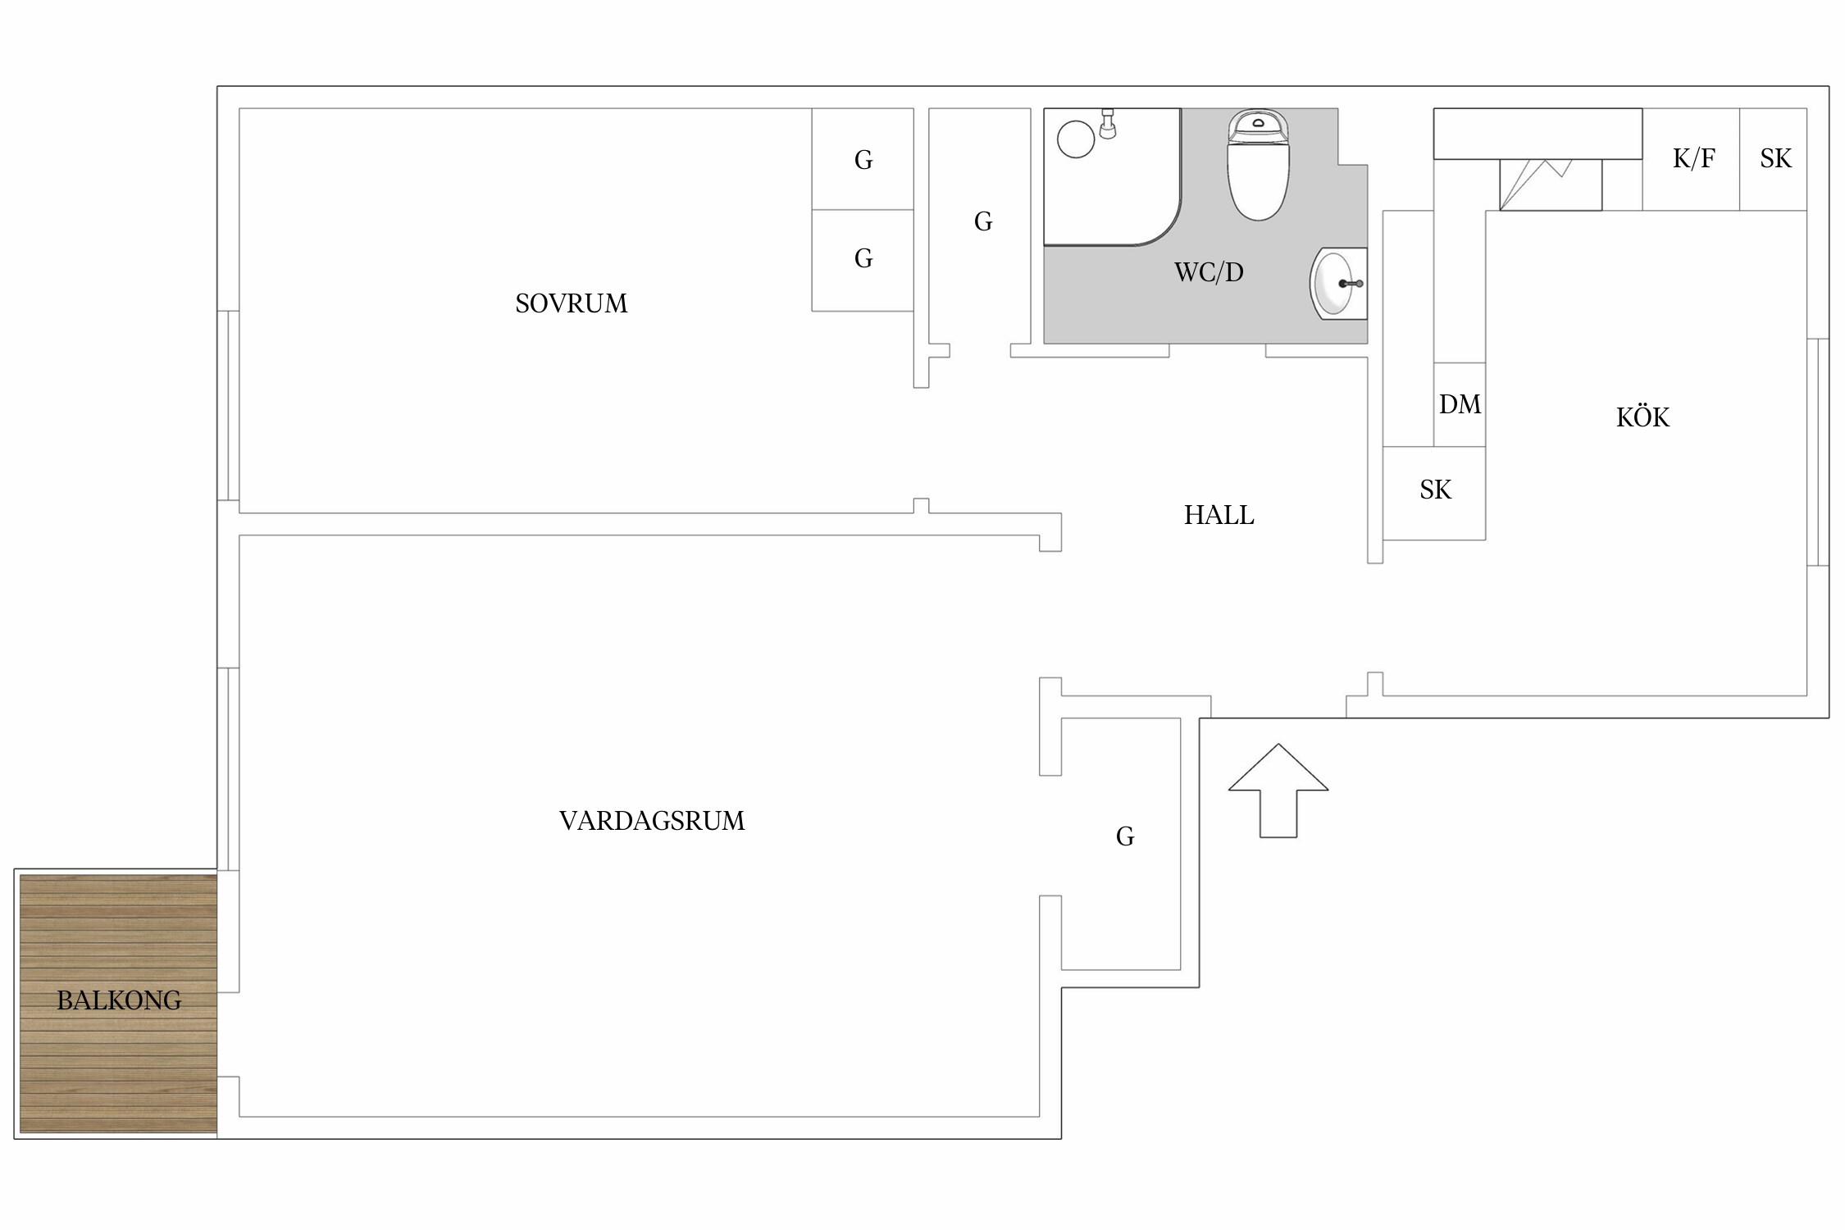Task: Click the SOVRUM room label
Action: [x=571, y=303]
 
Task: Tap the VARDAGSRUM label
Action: [x=652, y=821]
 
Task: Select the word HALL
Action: [x=1219, y=515]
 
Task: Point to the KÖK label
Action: [x=1642, y=417]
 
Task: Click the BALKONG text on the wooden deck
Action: [x=119, y=1000]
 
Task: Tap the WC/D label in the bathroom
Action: [x=1209, y=272]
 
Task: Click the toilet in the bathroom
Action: [x=1258, y=168]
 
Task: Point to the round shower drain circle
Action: [x=1076, y=139]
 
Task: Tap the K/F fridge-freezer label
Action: [x=1693, y=158]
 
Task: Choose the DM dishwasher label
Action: [x=1460, y=404]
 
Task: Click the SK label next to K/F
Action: [x=1775, y=158]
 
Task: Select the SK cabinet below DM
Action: [x=1435, y=490]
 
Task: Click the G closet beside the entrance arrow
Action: [x=1125, y=836]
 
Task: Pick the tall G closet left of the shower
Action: [x=983, y=221]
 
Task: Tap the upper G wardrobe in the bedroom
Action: [x=863, y=160]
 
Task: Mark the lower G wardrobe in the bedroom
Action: [x=863, y=259]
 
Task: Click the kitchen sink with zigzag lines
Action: [x=1550, y=184]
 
